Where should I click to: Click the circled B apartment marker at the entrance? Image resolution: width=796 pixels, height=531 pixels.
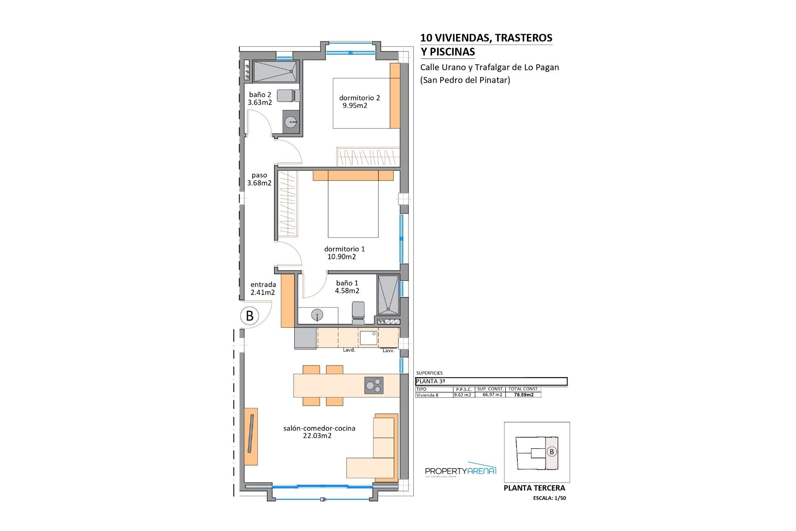250,316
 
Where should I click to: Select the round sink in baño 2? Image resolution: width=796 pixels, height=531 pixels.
291,122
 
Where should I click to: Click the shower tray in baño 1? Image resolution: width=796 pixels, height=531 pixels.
388,295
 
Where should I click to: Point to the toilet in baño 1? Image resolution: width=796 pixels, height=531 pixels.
358,312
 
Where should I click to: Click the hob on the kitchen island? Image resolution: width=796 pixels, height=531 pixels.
374,385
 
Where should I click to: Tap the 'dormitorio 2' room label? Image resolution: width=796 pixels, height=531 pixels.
359,98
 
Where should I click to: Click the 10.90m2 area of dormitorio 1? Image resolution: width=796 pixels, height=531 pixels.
342,257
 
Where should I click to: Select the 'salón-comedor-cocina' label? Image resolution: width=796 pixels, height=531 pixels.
319,428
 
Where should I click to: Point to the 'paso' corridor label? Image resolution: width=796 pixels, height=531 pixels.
260,175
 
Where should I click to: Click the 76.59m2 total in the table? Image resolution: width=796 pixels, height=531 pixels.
524,395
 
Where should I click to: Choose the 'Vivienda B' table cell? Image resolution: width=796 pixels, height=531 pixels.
427,395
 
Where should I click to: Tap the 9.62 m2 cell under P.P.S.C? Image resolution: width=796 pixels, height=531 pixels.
463,395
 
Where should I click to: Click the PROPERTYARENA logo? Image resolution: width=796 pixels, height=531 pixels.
461,470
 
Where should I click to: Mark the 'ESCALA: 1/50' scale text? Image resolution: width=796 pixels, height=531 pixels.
549,498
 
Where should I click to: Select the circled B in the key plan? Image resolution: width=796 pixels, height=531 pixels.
551,452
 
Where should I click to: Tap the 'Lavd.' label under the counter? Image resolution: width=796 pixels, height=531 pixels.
349,350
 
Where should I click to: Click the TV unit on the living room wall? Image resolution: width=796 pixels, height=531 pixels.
251,436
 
